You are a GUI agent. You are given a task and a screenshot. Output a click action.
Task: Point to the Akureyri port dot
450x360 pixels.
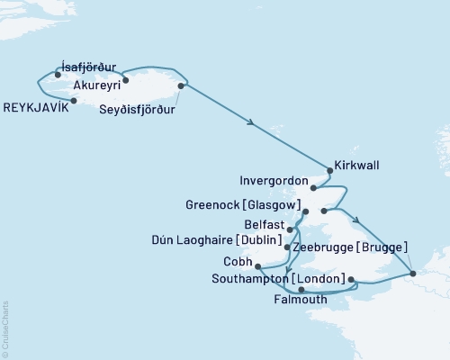(125, 80)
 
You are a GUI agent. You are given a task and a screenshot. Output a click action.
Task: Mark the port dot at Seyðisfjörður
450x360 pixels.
(182, 86)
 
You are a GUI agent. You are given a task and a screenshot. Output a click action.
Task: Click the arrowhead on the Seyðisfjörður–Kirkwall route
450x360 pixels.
(249, 123)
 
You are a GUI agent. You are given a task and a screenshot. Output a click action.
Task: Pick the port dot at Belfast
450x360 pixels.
(290, 229)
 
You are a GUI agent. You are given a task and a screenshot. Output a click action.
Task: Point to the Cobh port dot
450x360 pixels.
(258, 265)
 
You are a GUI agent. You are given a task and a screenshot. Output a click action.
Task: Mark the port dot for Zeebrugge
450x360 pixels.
(412, 273)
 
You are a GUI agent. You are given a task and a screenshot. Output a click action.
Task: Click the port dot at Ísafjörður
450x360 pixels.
(57, 76)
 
